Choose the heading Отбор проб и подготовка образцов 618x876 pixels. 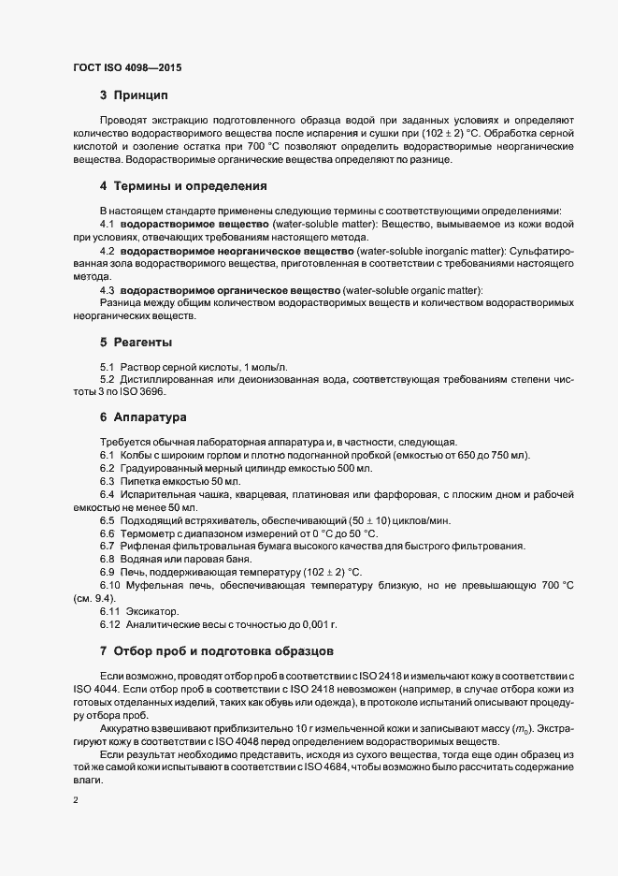[222, 650]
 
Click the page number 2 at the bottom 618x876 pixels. [75, 800]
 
